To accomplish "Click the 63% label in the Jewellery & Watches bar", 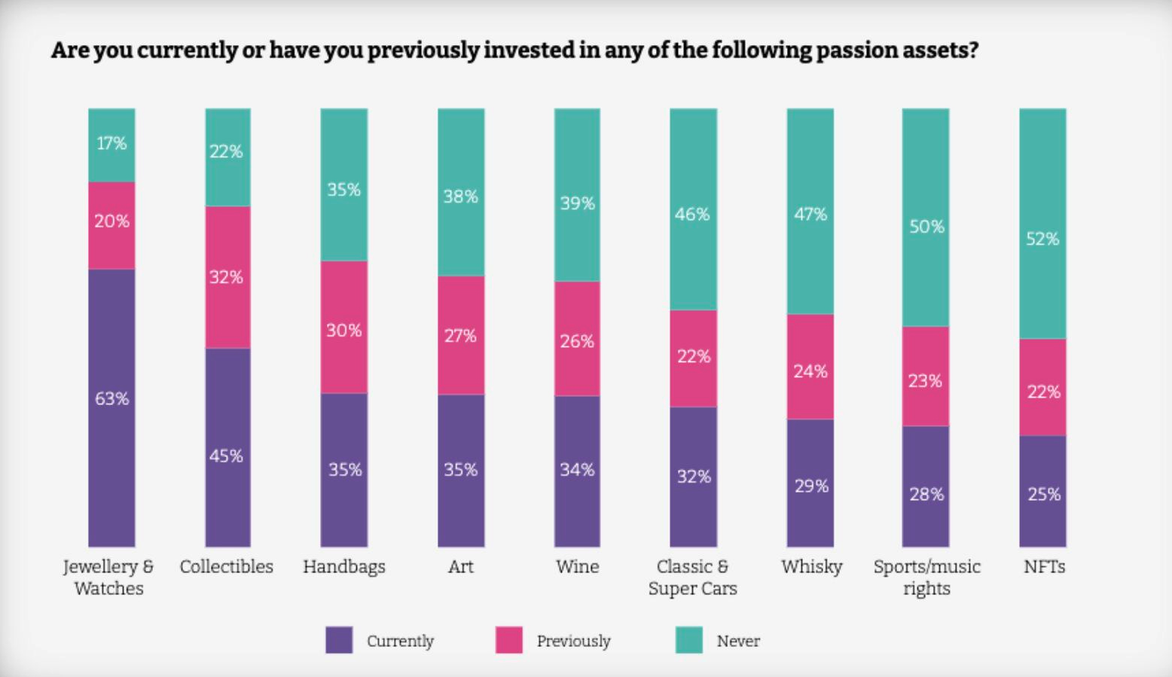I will pos(111,398).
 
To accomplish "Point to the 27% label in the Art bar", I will pos(460,336).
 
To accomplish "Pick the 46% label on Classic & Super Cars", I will pos(692,215).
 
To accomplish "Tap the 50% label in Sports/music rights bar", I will pos(926,227).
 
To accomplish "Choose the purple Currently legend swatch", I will pos(339,640).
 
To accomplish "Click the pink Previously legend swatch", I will pos(509,640).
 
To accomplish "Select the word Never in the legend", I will pos(738,641).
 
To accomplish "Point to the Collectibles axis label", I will pos(227,566).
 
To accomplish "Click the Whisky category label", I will pos(811,566).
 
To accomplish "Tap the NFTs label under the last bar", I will pos(1044,566).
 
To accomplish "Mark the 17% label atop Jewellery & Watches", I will pos(111,143).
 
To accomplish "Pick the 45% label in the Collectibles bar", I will pos(227,456).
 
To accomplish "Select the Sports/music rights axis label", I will pos(926,577).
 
